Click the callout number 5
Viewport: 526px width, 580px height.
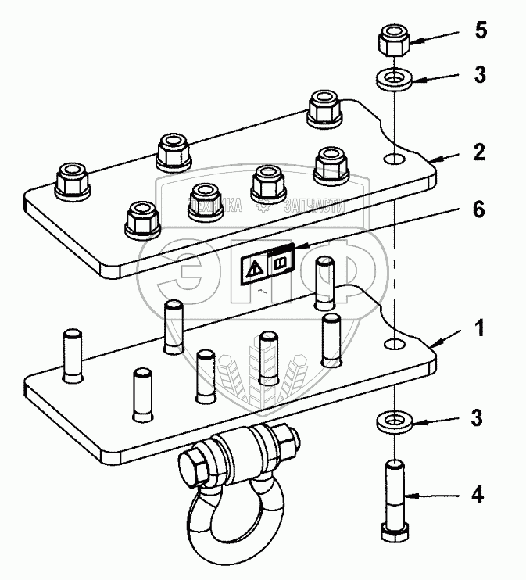point(481,33)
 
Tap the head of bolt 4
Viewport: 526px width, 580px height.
point(395,532)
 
